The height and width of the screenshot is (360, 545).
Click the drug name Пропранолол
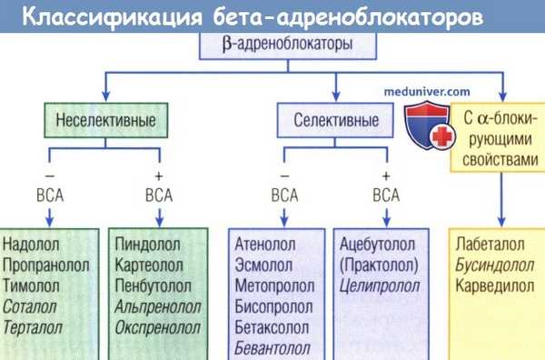click(47, 265)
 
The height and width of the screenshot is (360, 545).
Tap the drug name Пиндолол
click(148, 245)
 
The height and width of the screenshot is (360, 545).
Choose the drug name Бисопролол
click(275, 307)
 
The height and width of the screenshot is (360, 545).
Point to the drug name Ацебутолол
click(376, 245)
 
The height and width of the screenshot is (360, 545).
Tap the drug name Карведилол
click(496, 286)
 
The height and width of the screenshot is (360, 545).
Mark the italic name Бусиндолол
click(495, 265)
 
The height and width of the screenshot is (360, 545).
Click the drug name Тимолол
click(33, 286)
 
